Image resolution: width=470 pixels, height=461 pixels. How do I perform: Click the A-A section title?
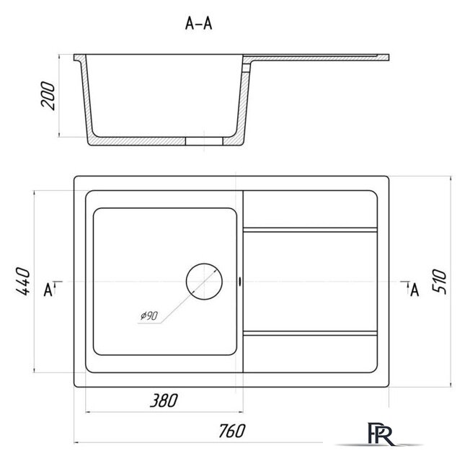[x=198, y=23]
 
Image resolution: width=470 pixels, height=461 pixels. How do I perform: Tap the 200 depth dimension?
[x=48, y=96]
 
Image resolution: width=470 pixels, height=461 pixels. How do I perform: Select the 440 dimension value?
[x=23, y=281]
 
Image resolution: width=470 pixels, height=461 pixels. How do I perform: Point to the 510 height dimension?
[x=439, y=281]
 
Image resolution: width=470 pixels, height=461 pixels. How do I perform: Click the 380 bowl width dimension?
[x=164, y=400]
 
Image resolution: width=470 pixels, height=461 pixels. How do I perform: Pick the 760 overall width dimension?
[x=231, y=431]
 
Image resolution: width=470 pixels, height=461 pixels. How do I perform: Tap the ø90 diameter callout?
[x=149, y=315]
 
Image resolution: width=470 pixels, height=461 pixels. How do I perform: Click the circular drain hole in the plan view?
[x=204, y=281]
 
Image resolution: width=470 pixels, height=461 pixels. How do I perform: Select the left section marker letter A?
[x=48, y=290]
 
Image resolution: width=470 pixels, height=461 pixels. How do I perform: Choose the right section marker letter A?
[x=414, y=290]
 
